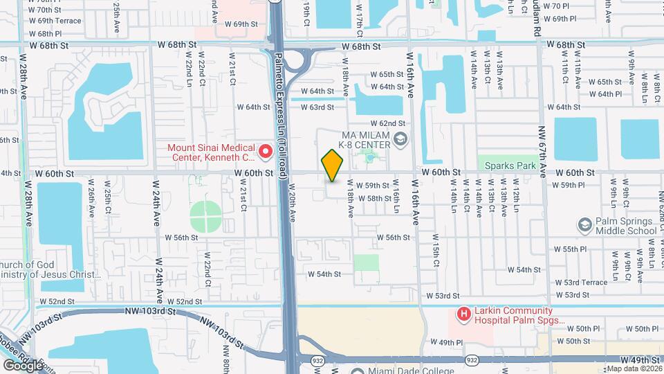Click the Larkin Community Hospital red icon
463,315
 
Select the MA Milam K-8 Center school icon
399,140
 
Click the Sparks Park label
510,166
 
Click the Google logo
23,365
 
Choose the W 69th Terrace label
55,21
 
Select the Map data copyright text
634,368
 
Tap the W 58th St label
379,198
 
